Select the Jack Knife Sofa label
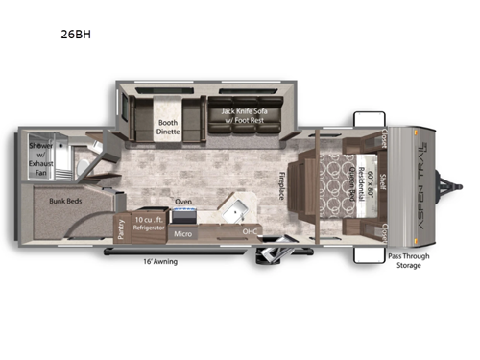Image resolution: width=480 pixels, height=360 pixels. point(245,116)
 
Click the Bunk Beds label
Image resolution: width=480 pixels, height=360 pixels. point(67,203)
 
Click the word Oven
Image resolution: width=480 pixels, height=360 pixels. point(183,202)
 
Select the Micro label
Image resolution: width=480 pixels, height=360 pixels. point(183,232)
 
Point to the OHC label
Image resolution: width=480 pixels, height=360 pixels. point(251,231)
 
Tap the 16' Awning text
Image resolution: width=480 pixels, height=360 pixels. point(158,261)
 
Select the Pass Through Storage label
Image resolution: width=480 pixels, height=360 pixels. point(407,261)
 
